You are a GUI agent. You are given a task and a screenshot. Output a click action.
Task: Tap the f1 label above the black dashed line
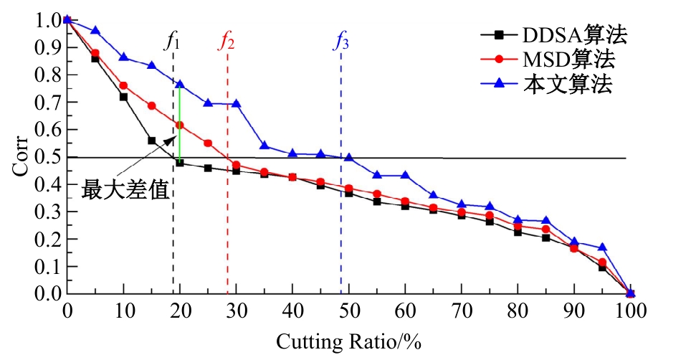pyautogui.click(x=172, y=41)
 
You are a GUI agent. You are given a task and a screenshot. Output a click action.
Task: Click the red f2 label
pyautogui.click(x=227, y=41)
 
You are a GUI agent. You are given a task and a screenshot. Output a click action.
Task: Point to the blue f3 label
pyautogui.click(x=341, y=41)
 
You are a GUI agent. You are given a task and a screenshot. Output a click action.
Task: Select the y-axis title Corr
pyautogui.click(x=20, y=157)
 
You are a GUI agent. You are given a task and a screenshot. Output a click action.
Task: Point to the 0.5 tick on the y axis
pyautogui.click(x=44, y=157)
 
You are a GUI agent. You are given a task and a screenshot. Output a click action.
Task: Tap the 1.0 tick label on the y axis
pyautogui.click(x=44, y=20)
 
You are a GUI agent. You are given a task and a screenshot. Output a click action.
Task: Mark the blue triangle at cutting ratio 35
pyautogui.click(x=265, y=146)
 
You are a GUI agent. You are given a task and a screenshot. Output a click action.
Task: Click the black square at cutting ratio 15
pyautogui.click(x=152, y=141)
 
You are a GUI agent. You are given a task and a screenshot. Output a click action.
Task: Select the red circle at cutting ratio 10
pyautogui.click(x=123, y=85)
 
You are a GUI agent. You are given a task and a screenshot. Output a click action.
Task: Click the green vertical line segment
pyautogui.click(x=180, y=122)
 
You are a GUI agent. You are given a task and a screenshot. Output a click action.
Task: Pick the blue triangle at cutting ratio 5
pyautogui.click(x=95, y=30)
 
